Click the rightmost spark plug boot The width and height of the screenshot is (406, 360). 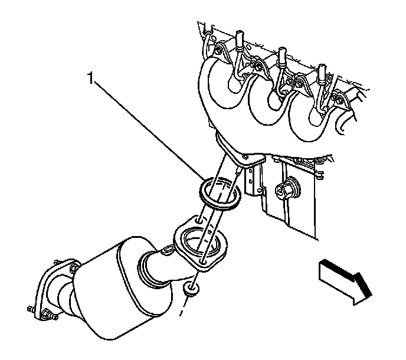click(322, 74)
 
